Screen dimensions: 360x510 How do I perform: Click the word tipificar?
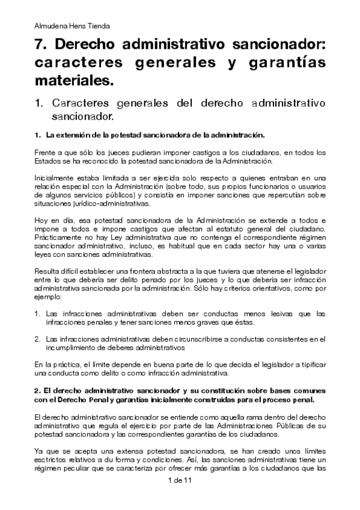(x=310, y=364)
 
